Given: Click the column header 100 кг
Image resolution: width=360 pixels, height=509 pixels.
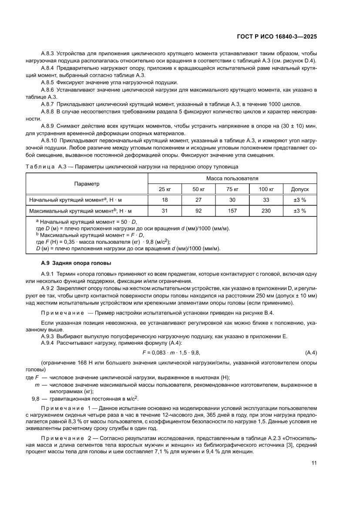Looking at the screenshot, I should coord(266,189).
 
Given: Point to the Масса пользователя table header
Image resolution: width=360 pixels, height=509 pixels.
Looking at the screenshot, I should coord(232,179).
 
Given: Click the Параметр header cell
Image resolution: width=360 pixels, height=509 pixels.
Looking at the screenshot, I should coord(87,184).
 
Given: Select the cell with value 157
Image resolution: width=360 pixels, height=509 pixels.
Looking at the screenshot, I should coord(232,211).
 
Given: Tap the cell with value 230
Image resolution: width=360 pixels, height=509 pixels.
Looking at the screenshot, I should coord(266,211).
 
